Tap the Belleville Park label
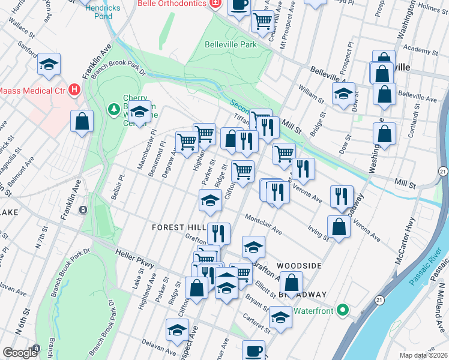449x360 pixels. pyautogui.click(x=231, y=44)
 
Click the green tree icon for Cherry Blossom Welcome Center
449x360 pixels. pyautogui.click(x=112, y=109)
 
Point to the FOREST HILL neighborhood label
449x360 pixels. pyautogui.click(x=178, y=227)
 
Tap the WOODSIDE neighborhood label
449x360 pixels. pyautogui.click(x=299, y=265)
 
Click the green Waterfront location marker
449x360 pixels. pyautogui.click(x=343, y=310)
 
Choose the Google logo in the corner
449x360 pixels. pyautogui.click(x=20, y=353)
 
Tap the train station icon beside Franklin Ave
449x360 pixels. pyautogui.click(x=83, y=210)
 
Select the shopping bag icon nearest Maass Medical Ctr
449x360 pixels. pyautogui.click(x=82, y=121)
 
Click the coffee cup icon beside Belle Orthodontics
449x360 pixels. pyautogui.click(x=239, y=5)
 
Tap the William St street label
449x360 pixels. pyautogui.click(x=312, y=93)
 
